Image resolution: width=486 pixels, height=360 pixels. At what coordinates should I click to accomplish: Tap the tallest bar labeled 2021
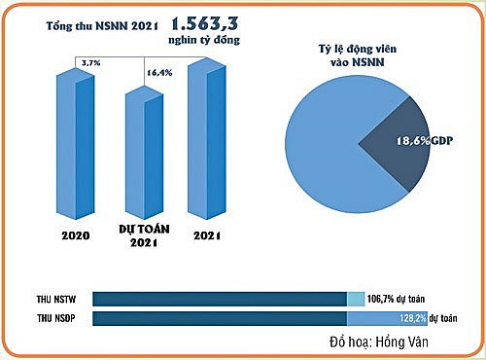coord(206,141)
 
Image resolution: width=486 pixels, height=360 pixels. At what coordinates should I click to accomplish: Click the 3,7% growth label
coord(90,61)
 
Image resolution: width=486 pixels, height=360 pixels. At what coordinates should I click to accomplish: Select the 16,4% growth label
coord(158,72)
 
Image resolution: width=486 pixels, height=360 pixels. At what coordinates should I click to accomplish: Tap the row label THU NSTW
coord(56,297)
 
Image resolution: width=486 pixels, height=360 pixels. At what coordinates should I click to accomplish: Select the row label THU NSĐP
coord(56,317)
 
